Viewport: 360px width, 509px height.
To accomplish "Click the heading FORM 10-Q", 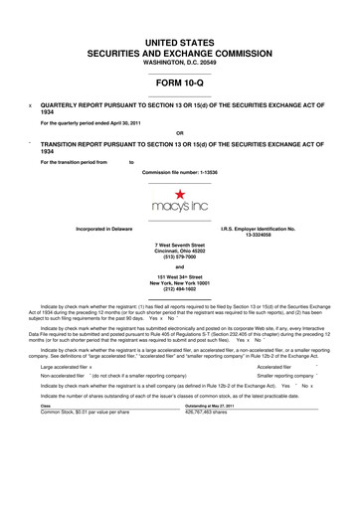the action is pos(179,84).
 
